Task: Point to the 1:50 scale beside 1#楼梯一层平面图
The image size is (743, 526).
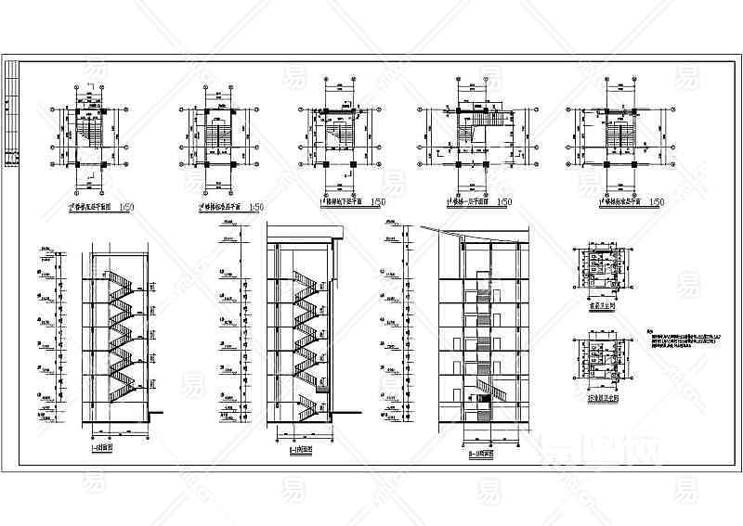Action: (x=504, y=202)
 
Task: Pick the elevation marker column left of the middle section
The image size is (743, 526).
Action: (x=228, y=329)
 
